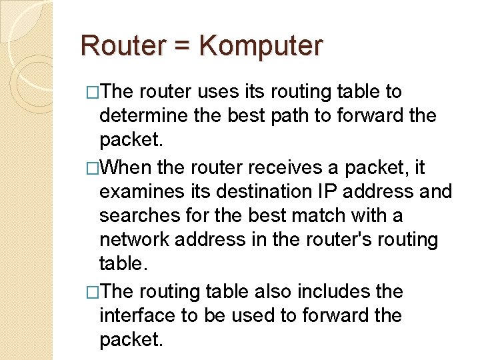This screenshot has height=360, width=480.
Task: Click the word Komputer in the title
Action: tap(261, 46)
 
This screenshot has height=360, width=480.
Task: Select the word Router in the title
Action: tap(123, 46)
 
